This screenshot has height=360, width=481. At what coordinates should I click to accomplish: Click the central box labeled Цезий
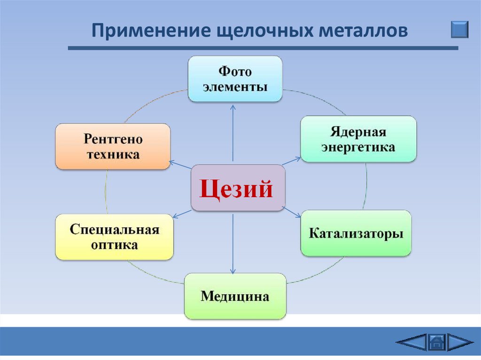tap(238, 188)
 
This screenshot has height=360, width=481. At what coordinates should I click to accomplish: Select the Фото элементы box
tap(235, 79)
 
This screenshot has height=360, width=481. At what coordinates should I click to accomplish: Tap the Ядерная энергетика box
tap(358, 139)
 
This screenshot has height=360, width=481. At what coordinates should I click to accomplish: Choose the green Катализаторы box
tap(356, 233)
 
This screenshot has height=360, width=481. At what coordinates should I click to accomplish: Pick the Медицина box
tap(235, 296)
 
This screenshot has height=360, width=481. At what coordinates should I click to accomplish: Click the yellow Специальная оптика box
tap(115, 237)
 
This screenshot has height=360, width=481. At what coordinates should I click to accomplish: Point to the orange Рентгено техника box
tap(113, 146)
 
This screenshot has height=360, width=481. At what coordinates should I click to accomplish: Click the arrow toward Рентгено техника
tap(180, 165)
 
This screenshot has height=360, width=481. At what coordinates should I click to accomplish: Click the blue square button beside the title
tap(459, 29)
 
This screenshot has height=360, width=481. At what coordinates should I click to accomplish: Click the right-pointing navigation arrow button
tap(460, 342)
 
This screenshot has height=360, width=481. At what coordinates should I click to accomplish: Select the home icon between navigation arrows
tap(436, 342)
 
